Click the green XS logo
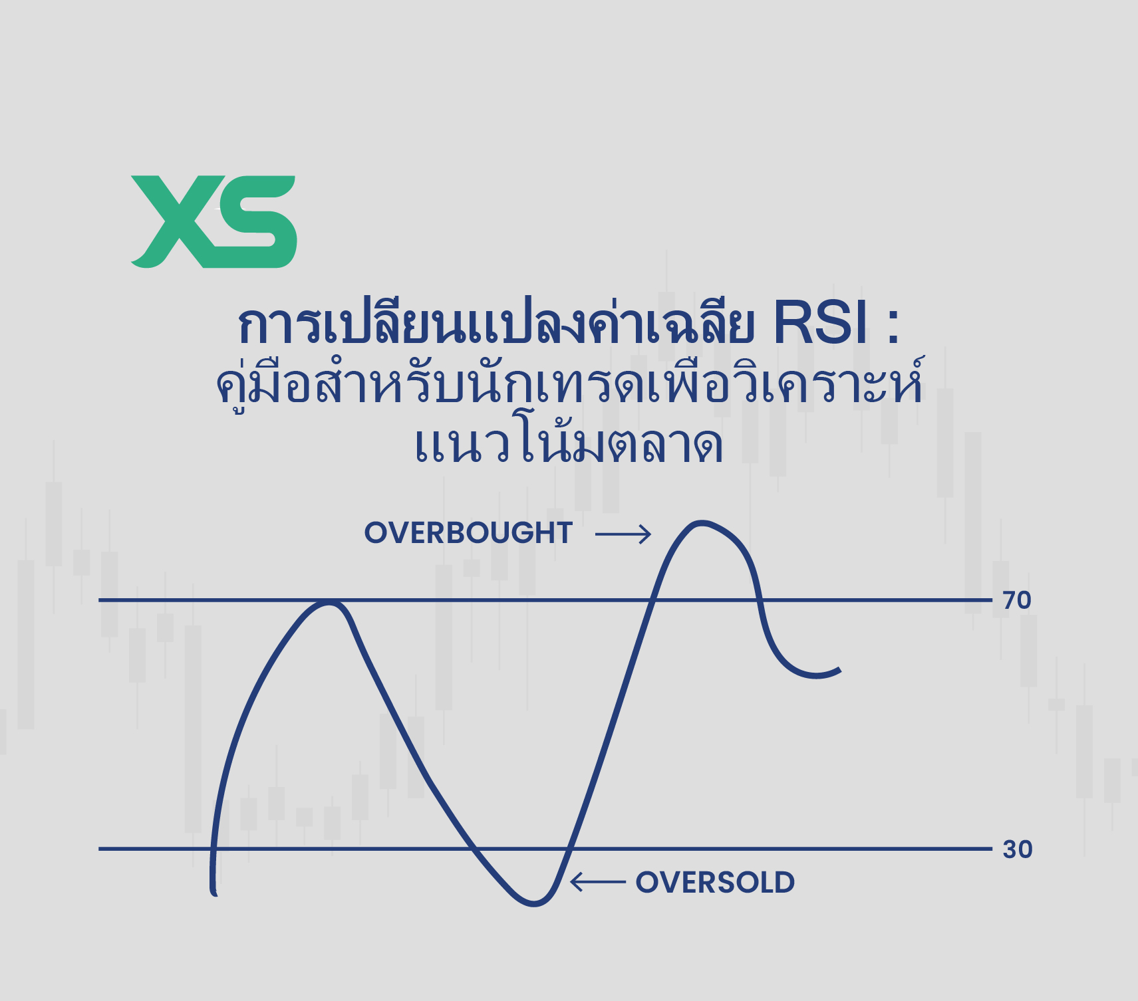click(x=213, y=222)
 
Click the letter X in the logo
click(x=176, y=222)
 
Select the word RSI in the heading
click(x=821, y=325)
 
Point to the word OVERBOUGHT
click(x=468, y=533)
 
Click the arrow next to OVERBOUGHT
click(x=623, y=534)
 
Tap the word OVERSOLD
click(x=715, y=883)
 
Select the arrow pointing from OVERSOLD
click(x=598, y=882)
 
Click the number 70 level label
click(x=1017, y=600)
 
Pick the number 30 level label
click(x=1017, y=849)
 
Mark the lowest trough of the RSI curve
click(x=534, y=903)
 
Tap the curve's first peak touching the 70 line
click(x=328, y=602)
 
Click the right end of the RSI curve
click(x=839, y=671)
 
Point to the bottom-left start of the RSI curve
click(x=214, y=893)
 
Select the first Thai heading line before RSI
click(x=496, y=326)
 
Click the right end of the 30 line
click(x=990, y=849)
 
